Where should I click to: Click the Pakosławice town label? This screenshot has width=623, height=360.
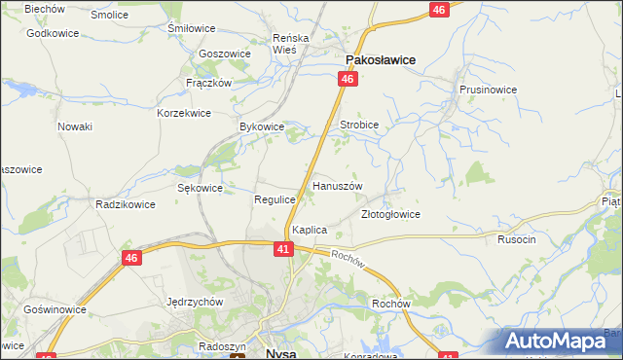(x=377, y=60)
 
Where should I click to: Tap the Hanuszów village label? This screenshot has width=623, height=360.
(x=337, y=185)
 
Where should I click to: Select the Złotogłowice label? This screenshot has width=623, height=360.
(x=390, y=214)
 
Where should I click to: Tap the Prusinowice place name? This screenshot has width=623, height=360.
(x=488, y=90)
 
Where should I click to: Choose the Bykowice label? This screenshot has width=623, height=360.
(x=262, y=126)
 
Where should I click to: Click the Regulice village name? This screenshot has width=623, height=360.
(x=275, y=198)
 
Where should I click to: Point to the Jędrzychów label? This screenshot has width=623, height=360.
(x=196, y=302)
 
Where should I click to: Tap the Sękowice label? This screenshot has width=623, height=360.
(x=201, y=188)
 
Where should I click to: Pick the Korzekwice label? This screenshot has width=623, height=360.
(x=184, y=113)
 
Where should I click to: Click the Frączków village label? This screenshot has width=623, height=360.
(x=208, y=83)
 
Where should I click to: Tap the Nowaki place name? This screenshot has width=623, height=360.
(x=75, y=126)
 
